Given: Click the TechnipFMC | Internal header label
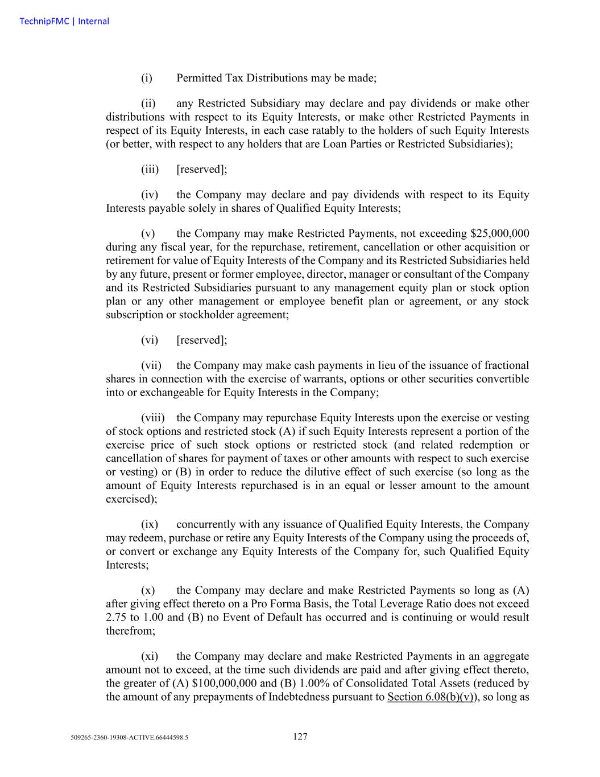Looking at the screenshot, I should tap(64, 22).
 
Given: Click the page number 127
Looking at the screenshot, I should tap(300, 737).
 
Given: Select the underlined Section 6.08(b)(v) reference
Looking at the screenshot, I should tap(431, 697).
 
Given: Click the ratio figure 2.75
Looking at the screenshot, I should tap(115, 618).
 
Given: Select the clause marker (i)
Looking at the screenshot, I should tap(146, 78).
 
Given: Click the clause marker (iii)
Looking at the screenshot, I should tap(150, 170).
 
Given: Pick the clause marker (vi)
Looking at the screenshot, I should tap(150, 340).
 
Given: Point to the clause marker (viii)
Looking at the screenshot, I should tap(152, 418).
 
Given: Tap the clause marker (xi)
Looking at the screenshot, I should tap(150, 656).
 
